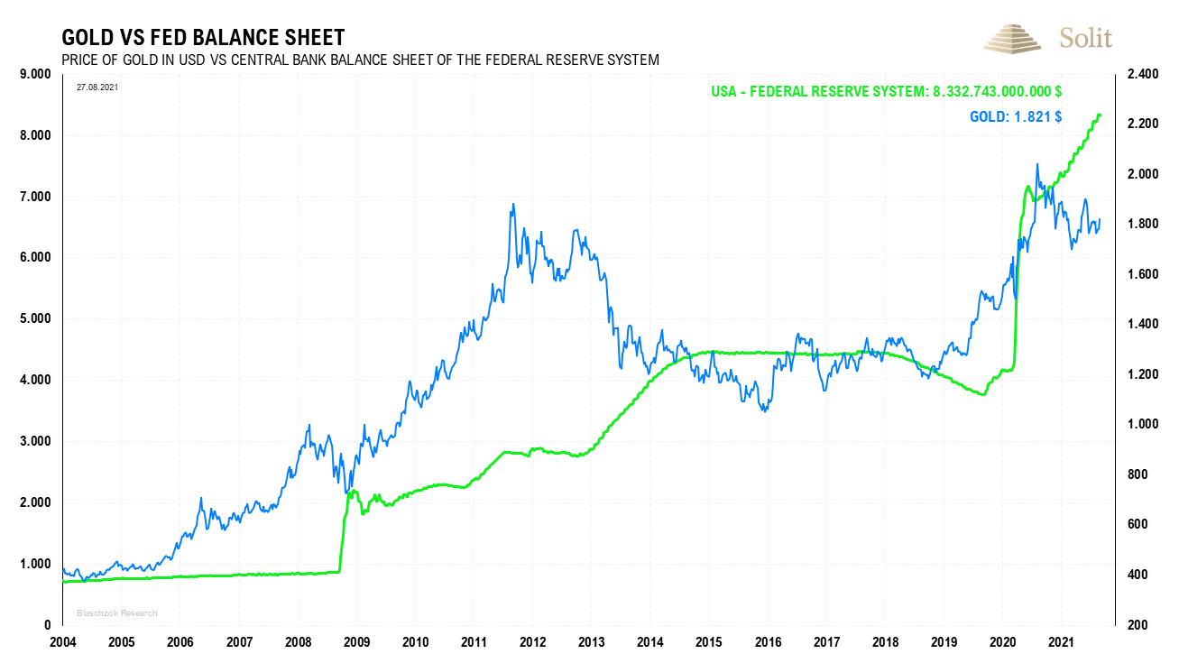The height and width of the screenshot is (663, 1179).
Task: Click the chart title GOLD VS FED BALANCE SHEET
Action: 203,37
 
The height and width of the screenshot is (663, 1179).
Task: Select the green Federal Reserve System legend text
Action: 886,91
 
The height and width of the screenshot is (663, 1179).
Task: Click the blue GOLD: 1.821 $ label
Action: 1015,116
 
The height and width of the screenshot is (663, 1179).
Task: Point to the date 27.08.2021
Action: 97,87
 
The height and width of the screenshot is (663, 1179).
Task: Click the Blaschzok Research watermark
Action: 117,613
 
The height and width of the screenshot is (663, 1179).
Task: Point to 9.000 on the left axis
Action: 36,74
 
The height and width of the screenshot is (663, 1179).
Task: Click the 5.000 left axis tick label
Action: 36,318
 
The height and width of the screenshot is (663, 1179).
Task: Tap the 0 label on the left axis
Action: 47,625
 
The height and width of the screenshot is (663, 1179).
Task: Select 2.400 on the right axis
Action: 1141,74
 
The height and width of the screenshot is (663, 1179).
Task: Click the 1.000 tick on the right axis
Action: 1141,424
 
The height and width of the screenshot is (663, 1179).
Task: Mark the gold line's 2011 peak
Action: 513,205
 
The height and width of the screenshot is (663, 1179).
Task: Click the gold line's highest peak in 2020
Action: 1037,164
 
